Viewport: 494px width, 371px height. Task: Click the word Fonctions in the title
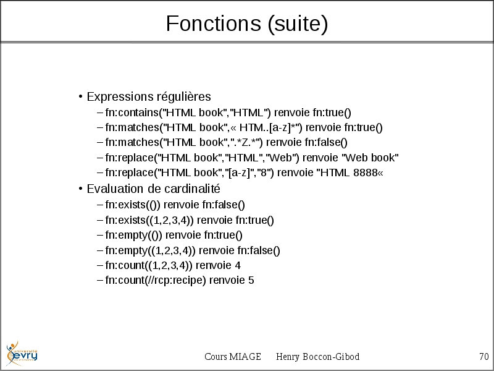pos(214,23)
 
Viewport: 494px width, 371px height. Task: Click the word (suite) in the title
pos(298,24)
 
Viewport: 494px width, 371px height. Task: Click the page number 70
pos(484,357)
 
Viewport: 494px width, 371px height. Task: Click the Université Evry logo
pos(22,354)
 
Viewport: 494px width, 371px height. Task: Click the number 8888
pos(366,173)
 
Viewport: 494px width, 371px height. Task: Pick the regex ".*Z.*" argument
pos(246,142)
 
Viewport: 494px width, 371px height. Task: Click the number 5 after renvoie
pos(251,280)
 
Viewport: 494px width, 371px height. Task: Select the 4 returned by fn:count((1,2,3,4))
pos(238,265)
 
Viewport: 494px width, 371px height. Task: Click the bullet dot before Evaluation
pos(81,189)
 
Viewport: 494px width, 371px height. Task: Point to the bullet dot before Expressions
pos(81,96)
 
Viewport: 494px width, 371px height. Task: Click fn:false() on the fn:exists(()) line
pos(224,205)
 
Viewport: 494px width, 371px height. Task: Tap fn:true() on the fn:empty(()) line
pos(223,235)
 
